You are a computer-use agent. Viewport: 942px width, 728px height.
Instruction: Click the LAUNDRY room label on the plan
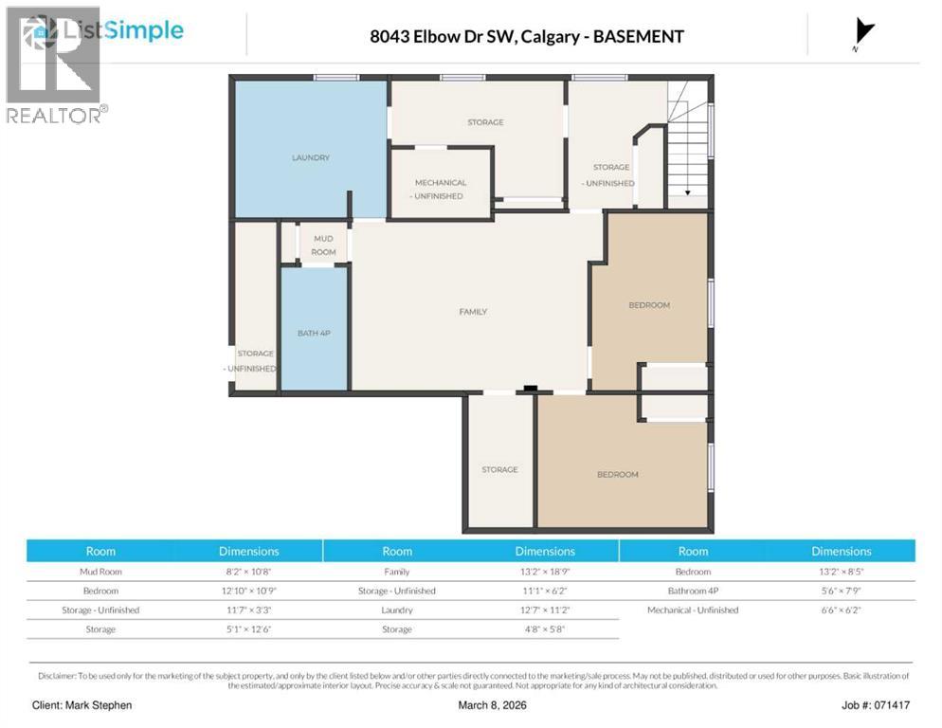coord(310,157)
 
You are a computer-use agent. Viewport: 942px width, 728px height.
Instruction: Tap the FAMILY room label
coord(472,311)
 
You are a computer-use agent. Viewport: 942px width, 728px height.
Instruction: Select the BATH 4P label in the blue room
coord(313,334)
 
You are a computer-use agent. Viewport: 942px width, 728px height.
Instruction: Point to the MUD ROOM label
coord(323,246)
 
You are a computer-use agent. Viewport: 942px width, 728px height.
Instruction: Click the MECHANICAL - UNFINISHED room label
coord(440,189)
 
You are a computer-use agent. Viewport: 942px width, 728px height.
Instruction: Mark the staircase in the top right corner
coord(689,142)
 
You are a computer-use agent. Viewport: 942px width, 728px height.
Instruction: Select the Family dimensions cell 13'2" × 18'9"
coord(544,572)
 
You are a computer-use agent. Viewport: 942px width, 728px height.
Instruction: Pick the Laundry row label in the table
coord(397,610)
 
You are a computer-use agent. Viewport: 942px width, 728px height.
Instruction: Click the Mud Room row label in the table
coord(100,572)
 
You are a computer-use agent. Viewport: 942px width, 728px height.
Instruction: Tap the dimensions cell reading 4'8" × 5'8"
coord(544,629)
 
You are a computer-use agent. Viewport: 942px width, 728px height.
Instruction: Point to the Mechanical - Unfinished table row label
coord(693,610)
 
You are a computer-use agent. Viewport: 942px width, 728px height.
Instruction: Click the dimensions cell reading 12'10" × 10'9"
coord(248,591)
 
